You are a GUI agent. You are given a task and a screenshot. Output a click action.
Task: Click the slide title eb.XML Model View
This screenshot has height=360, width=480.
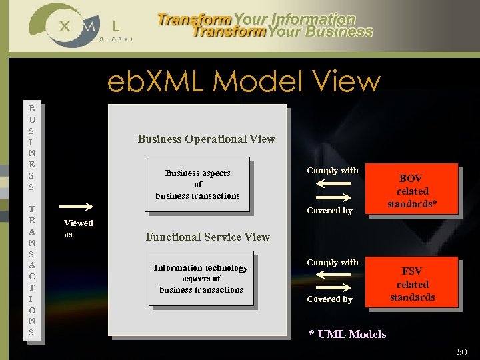tap(244, 82)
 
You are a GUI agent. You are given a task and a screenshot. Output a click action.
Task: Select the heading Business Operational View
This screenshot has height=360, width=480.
tap(206, 139)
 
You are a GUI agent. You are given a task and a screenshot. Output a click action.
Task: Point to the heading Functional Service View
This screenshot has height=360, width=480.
tap(207, 237)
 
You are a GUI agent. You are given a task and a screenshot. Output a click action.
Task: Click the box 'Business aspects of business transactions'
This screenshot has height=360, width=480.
tap(197, 185)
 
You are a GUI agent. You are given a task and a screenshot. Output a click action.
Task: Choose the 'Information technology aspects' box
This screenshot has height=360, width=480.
tap(201, 279)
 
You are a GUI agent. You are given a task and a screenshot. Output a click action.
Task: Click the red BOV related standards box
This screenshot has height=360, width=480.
tap(412, 189)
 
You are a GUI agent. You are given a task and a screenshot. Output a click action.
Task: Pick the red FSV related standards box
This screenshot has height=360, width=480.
tap(412, 283)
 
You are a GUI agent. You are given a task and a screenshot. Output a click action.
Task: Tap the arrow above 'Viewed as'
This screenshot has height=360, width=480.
tap(77, 207)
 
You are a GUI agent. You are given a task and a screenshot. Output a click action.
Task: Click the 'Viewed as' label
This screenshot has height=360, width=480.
tap(77, 228)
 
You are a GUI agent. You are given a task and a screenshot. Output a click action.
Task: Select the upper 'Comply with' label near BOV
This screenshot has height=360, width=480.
tap(332, 171)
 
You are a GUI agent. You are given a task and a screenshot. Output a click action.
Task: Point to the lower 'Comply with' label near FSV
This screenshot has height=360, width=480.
tap(332, 263)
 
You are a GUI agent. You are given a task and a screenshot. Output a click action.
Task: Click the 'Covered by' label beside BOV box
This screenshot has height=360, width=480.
tap(329, 211)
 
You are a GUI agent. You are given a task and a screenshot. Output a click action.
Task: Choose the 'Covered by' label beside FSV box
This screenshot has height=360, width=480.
tap(329, 299)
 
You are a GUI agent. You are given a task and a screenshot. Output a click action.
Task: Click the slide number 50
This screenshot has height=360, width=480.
tap(462, 351)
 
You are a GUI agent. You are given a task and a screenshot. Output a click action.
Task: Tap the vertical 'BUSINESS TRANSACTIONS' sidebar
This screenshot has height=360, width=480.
tap(31, 220)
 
